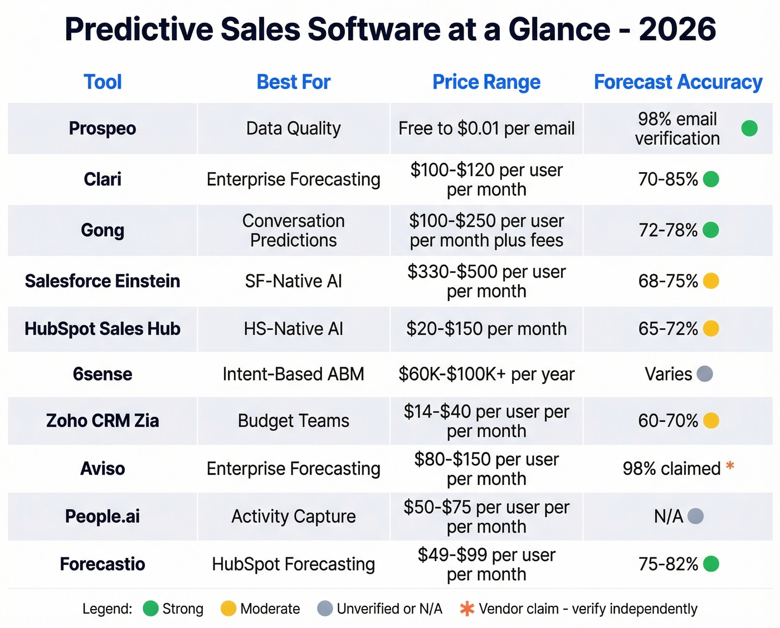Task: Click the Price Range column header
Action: [x=486, y=82]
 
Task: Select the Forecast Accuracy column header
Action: [x=677, y=82]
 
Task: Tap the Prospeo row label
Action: [x=103, y=128]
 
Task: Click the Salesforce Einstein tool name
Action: [x=103, y=281]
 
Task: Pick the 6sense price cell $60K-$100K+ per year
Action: [x=486, y=374]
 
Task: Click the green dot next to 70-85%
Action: [x=711, y=179]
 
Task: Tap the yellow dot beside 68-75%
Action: [x=711, y=281]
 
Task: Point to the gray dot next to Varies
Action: [x=705, y=374]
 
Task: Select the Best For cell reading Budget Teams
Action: [x=293, y=421]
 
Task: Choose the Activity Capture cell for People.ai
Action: [x=293, y=517]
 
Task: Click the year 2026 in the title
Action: [x=677, y=29]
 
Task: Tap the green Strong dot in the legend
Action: [x=150, y=608]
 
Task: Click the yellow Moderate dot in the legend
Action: [x=228, y=608]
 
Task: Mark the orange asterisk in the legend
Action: [x=467, y=608]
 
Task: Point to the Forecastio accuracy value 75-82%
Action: [x=668, y=564]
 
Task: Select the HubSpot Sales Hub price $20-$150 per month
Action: [x=486, y=329]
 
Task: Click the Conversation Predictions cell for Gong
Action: [x=293, y=230]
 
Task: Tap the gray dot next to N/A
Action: [x=695, y=517]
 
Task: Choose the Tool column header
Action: [x=103, y=82]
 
